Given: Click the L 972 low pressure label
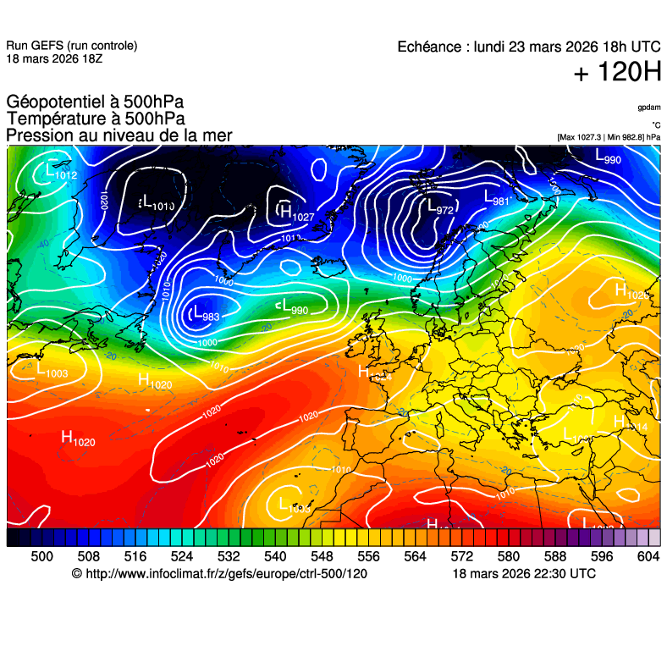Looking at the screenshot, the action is click(439, 207).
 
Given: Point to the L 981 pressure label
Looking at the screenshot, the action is click(496, 197).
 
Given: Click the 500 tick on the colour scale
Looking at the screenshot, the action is click(41, 556).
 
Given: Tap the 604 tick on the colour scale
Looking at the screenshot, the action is click(648, 556).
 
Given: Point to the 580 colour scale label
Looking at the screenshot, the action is click(508, 556).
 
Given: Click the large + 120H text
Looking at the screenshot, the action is click(617, 73).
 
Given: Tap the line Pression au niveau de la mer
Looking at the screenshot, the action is click(119, 135).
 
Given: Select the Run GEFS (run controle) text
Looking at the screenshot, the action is click(71, 46).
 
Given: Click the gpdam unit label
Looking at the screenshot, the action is click(649, 108).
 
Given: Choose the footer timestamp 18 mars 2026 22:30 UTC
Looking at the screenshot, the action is click(524, 574).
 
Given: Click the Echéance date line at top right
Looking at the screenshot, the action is click(529, 47).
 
